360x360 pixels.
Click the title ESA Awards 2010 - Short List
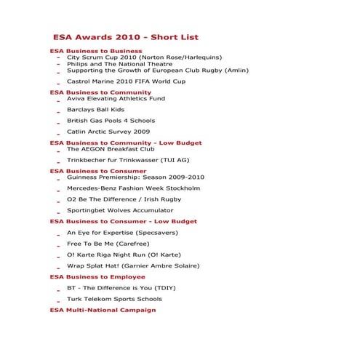(x=125, y=37)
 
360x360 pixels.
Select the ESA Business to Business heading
(x=96, y=51)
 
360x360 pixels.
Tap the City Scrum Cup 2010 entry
(x=144, y=57)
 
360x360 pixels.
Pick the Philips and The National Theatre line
(x=120, y=64)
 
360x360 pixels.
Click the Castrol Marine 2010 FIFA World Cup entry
(x=126, y=81)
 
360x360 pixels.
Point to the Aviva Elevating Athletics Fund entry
(x=116, y=98)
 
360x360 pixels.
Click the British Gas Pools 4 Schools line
(x=111, y=121)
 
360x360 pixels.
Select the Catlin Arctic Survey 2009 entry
(x=108, y=132)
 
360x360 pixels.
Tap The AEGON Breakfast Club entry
(x=111, y=149)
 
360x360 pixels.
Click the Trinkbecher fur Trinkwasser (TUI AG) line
(x=128, y=160)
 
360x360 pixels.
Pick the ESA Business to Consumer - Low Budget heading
(x=123, y=221)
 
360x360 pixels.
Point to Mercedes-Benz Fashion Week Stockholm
(x=133, y=188)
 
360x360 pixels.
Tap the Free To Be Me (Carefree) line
(x=108, y=244)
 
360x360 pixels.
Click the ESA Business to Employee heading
(x=97, y=277)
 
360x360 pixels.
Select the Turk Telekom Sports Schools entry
(x=114, y=299)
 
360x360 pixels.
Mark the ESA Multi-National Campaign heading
(x=103, y=310)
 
